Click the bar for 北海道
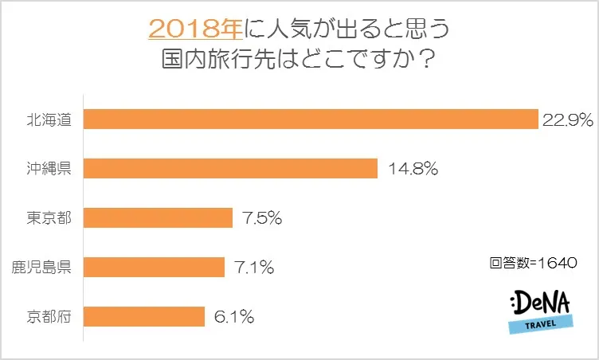pyautogui.click(x=311, y=119)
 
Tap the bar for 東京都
pyautogui.click(x=157, y=217)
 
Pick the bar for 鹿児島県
pyautogui.click(x=154, y=267)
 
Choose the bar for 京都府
pyautogui.click(x=143, y=316)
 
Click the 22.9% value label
pyautogui.click(x=568, y=119)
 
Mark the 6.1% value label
pyautogui.click(x=233, y=316)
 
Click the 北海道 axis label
pyautogui.click(x=49, y=120)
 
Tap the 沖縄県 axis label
pyautogui.click(x=49, y=169)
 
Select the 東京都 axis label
pyautogui.click(x=49, y=218)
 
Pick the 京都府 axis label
pyautogui.click(x=49, y=316)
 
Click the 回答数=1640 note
pyautogui.click(x=533, y=261)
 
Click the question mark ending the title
pyautogui.click(x=435, y=61)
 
